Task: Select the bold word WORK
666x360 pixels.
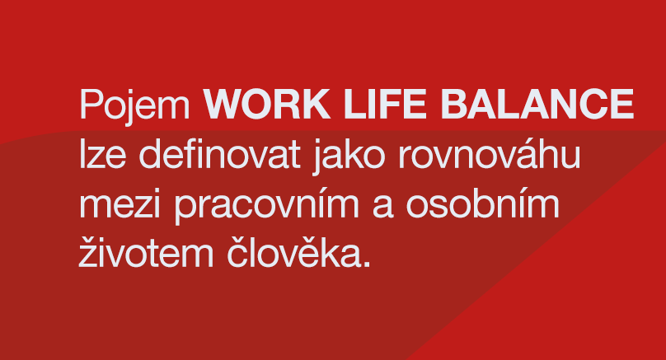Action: [267, 104]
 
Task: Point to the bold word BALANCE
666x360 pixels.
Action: [537, 104]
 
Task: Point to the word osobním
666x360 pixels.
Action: [482, 203]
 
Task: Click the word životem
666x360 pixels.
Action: [146, 252]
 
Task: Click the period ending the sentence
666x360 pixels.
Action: [368, 264]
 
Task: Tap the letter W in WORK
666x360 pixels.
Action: [223, 104]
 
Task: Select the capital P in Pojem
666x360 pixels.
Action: [91, 104]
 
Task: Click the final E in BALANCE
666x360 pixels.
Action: [622, 104]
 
